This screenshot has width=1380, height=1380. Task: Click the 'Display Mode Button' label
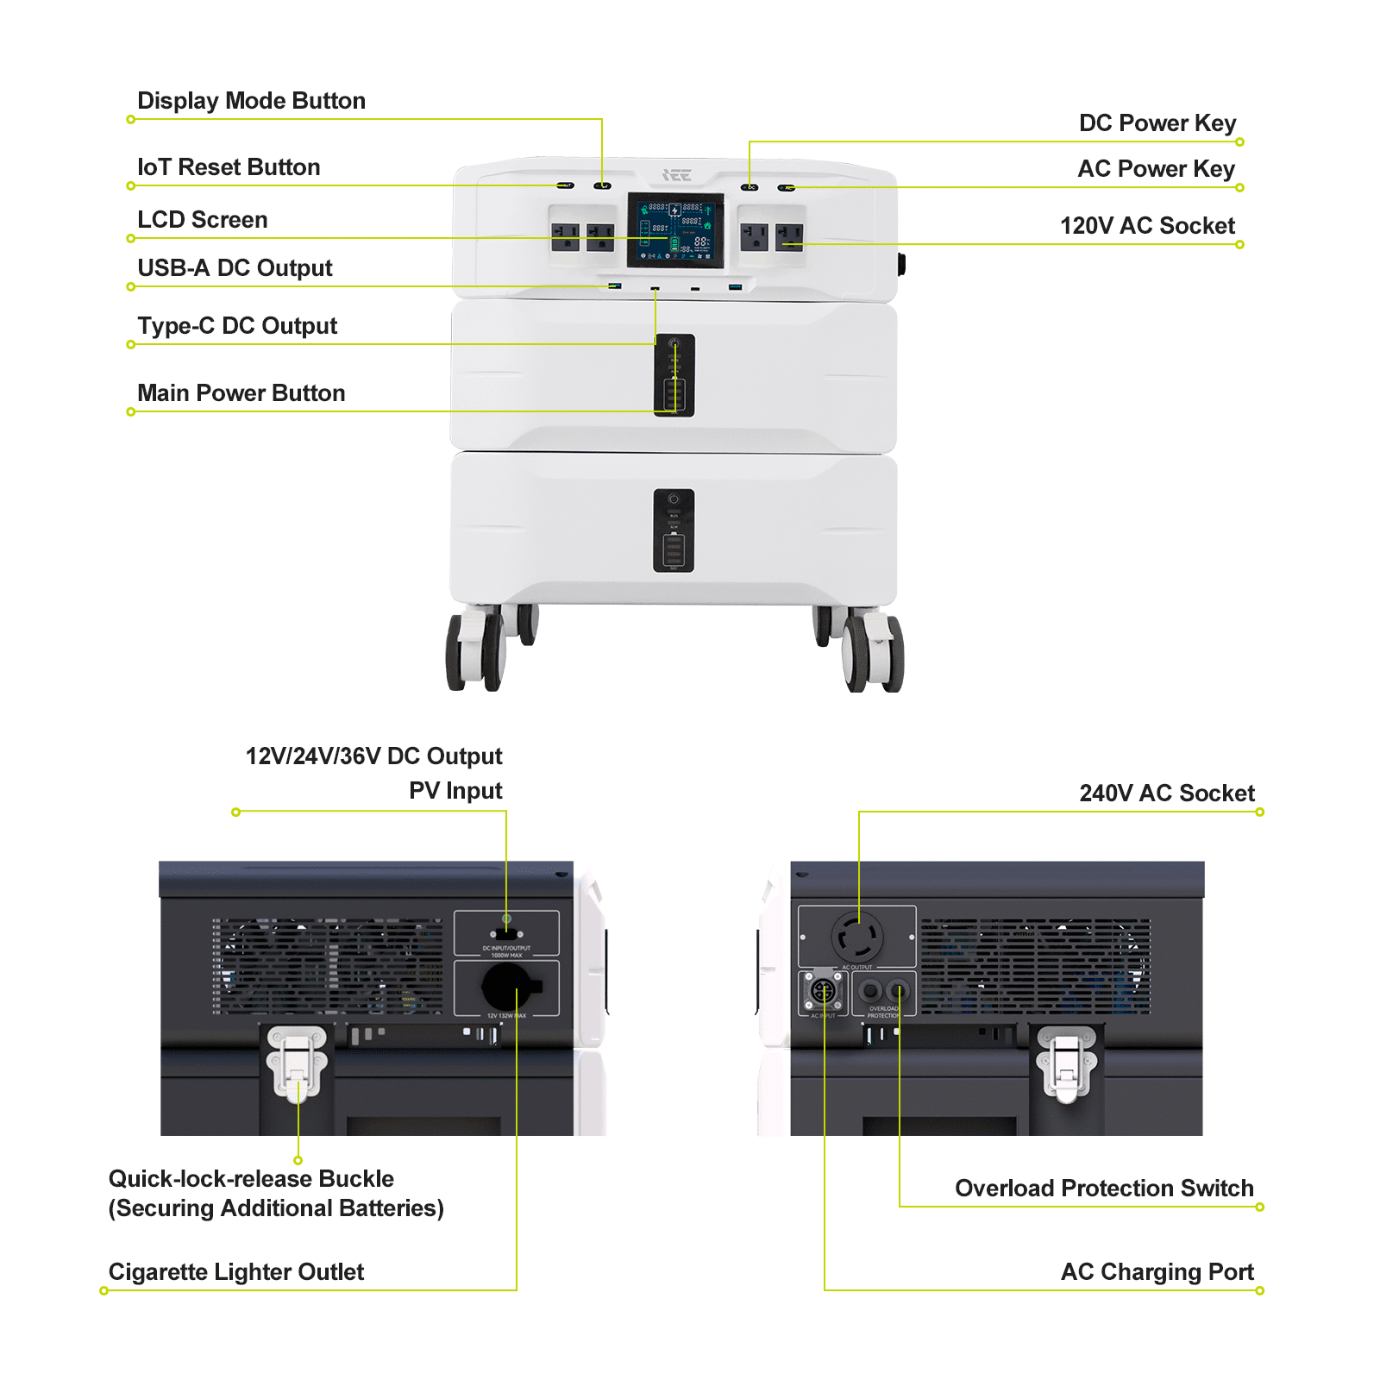[x=251, y=101]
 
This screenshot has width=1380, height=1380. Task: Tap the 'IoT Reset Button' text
[x=229, y=167]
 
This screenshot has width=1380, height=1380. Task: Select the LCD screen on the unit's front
[x=674, y=229]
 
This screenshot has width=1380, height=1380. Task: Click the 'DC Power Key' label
[x=1157, y=123]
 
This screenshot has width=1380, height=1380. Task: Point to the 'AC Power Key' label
[x=1156, y=169]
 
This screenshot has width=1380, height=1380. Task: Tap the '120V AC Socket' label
[x=1146, y=226]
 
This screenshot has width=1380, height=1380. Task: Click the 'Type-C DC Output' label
[x=237, y=326]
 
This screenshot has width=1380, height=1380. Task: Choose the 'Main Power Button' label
[x=241, y=393]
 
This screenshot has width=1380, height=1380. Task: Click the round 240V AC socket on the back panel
[x=856, y=936]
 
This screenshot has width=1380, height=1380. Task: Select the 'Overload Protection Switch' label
[x=1103, y=1189]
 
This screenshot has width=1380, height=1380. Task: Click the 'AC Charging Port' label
[x=1157, y=1272]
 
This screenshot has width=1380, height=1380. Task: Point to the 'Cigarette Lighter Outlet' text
[x=235, y=1272]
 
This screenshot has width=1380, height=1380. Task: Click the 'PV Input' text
[x=455, y=791]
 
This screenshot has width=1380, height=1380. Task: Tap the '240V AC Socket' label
[x=1166, y=793]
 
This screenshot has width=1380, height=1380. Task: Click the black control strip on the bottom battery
[x=674, y=530]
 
